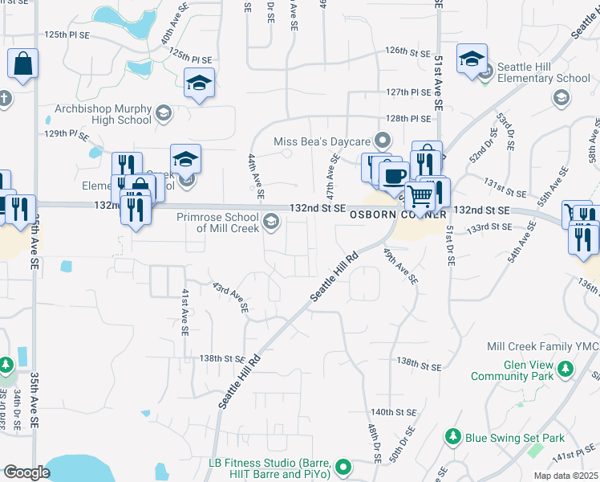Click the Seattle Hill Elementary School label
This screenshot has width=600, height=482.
coord(544,72)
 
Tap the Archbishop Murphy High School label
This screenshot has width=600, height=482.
coord(103,114)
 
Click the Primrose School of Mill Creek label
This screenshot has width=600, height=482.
coord(228,222)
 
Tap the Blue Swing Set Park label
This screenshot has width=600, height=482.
coord(515,438)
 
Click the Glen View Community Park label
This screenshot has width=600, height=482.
coord(512,370)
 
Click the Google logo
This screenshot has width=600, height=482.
coord(26,472)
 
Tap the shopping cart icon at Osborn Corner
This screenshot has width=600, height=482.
coord(419,195)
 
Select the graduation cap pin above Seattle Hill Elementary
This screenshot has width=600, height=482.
coord(472,59)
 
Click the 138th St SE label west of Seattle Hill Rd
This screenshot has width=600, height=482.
coord(221,358)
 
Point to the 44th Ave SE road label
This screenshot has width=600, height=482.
coord(256,176)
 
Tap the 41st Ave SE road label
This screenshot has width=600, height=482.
coord(184,311)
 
